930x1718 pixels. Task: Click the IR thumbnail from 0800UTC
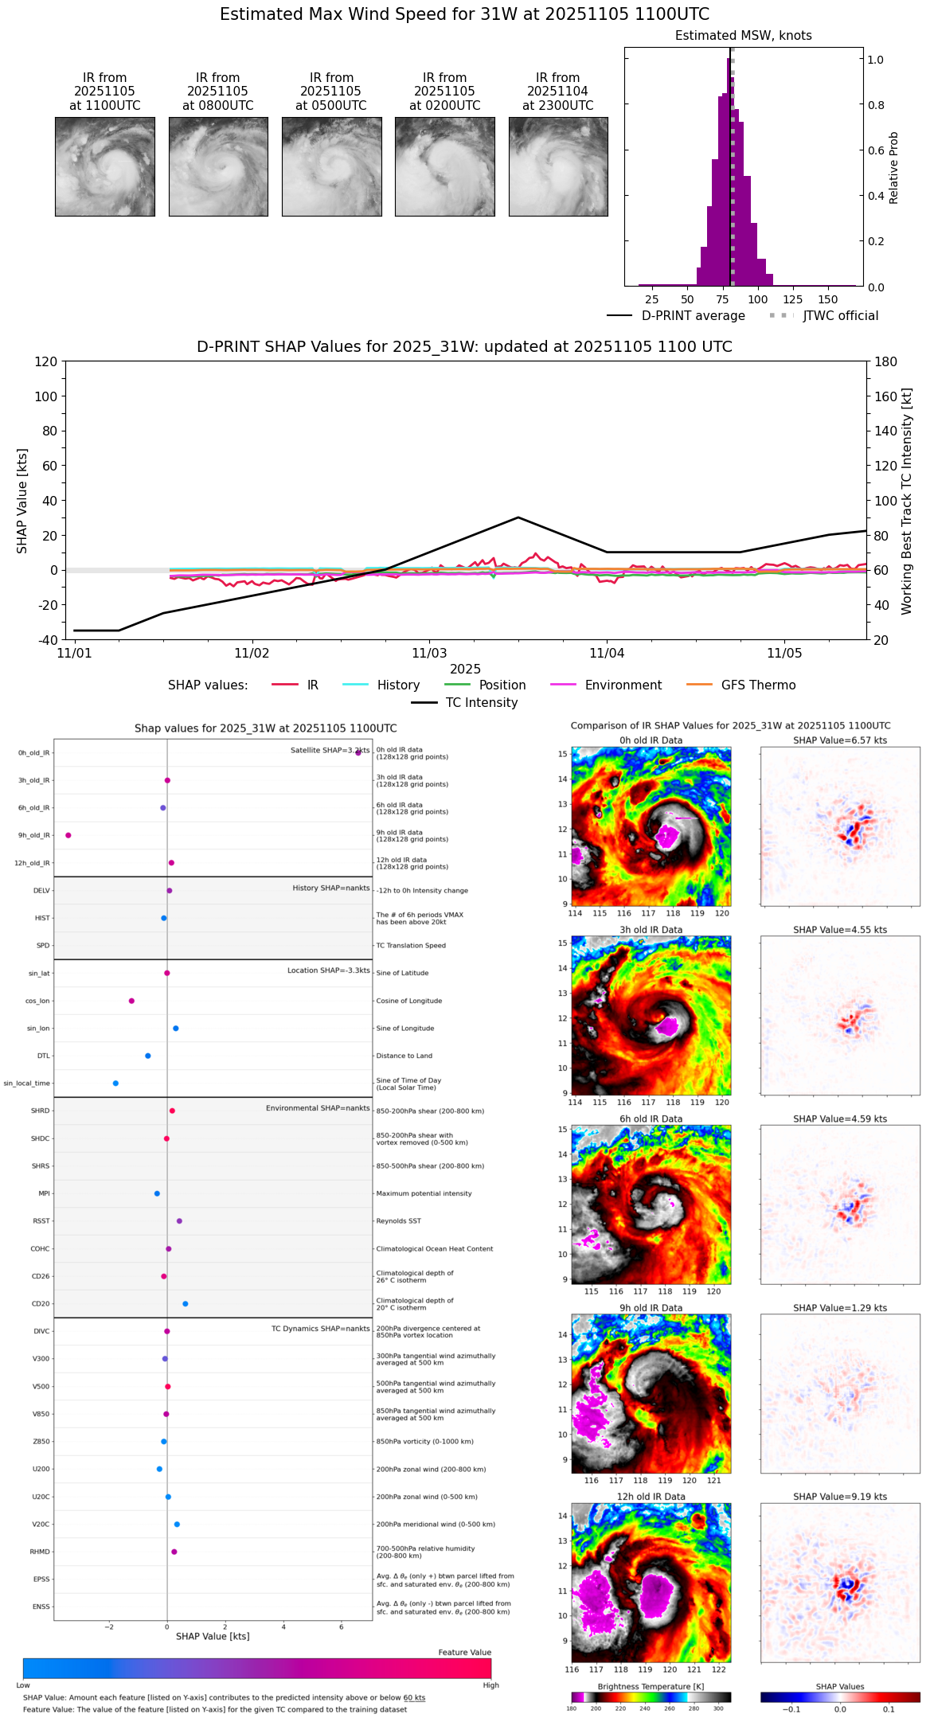pyautogui.click(x=218, y=166)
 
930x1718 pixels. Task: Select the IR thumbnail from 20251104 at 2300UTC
pyautogui.click(x=558, y=166)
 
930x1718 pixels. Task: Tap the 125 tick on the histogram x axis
pyautogui.click(x=793, y=299)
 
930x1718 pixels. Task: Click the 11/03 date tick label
pyautogui.click(x=429, y=654)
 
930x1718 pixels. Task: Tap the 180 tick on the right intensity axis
pyautogui.click(x=886, y=361)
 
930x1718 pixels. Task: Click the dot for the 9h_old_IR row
pyautogui.click(x=68, y=835)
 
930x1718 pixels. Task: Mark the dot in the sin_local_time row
pyautogui.click(x=115, y=1084)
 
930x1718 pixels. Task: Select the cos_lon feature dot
pyautogui.click(x=131, y=1001)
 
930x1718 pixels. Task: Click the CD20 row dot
pyautogui.click(x=186, y=1304)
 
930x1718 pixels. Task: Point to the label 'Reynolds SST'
pyautogui.click(x=399, y=1221)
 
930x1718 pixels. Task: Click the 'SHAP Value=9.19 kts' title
pyautogui.click(x=840, y=1497)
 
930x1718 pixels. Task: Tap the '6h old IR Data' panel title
pyautogui.click(x=651, y=1119)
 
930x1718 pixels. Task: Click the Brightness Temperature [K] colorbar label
pyautogui.click(x=651, y=1686)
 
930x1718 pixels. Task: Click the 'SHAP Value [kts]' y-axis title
pyautogui.click(x=22, y=501)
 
